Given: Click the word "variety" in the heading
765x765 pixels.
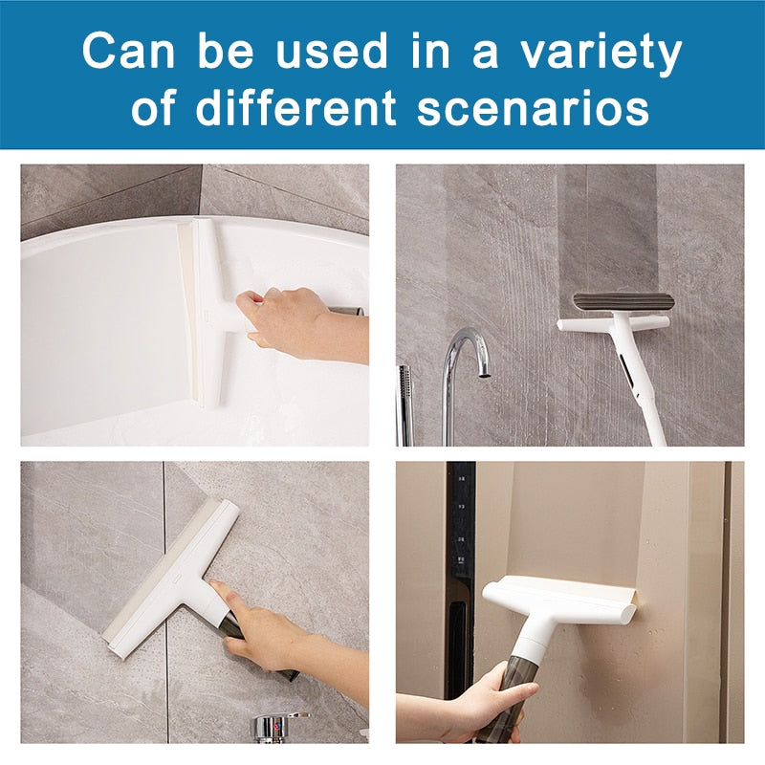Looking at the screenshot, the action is click(x=601, y=52).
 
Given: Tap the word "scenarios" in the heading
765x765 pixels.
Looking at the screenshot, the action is click(x=534, y=107).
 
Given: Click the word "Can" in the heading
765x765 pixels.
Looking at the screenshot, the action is click(x=128, y=51).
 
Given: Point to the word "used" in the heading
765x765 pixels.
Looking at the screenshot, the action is click(x=332, y=51).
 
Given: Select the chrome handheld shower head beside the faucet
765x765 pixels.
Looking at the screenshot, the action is click(x=404, y=404).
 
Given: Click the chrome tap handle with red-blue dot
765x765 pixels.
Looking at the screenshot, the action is click(x=279, y=727).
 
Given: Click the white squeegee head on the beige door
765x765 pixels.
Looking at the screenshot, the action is click(x=559, y=599).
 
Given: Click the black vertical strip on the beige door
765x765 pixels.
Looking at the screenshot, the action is click(x=460, y=580).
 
